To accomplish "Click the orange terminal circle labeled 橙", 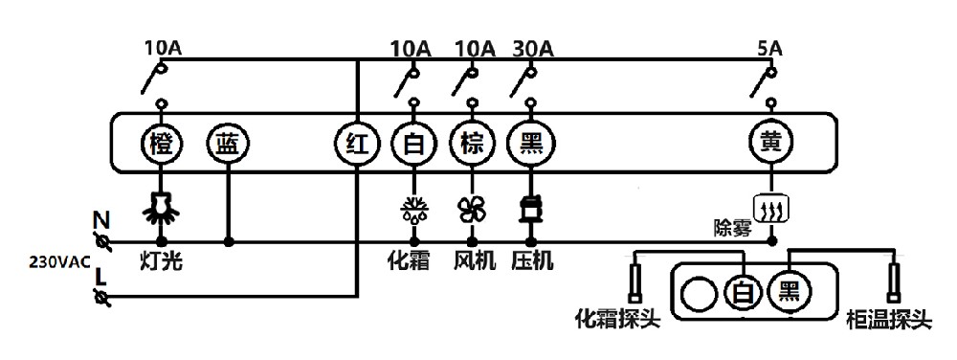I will (161, 145).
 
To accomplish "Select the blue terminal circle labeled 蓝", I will (228, 145).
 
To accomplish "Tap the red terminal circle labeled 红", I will (355, 145).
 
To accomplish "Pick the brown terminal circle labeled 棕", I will (471, 145).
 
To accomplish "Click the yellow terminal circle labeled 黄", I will (772, 145).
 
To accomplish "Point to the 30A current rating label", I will (533, 47).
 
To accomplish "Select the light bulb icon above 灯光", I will (161, 207).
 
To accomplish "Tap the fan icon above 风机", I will (471, 209).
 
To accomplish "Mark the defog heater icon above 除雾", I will (772, 207).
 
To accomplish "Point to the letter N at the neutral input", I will (100, 219).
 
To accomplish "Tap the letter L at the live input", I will (100, 278).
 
